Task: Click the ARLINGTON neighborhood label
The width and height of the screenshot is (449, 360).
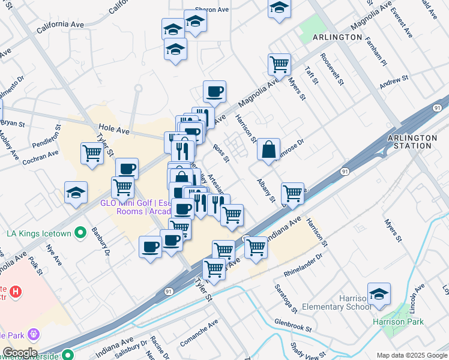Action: [337, 37]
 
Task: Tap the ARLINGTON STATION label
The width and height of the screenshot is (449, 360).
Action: [412, 142]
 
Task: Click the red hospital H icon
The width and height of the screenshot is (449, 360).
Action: [16, 292]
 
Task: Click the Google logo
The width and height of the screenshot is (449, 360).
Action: [19, 352]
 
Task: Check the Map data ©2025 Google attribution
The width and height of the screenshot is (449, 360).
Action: [411, 355]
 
